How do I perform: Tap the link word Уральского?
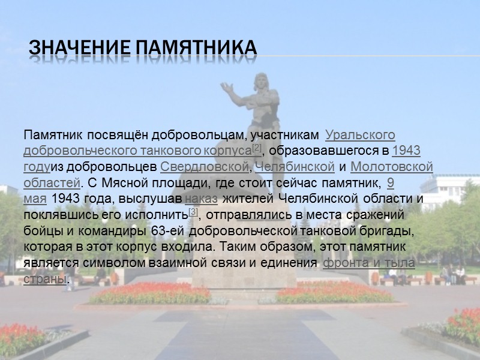[364, 135]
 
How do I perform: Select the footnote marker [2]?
[256, 148]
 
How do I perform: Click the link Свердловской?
[205, 166]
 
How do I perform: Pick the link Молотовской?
[392, 166]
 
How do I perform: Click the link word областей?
[52, 182]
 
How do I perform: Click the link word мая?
[35, 198]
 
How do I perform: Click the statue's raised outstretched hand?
[227, 88]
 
